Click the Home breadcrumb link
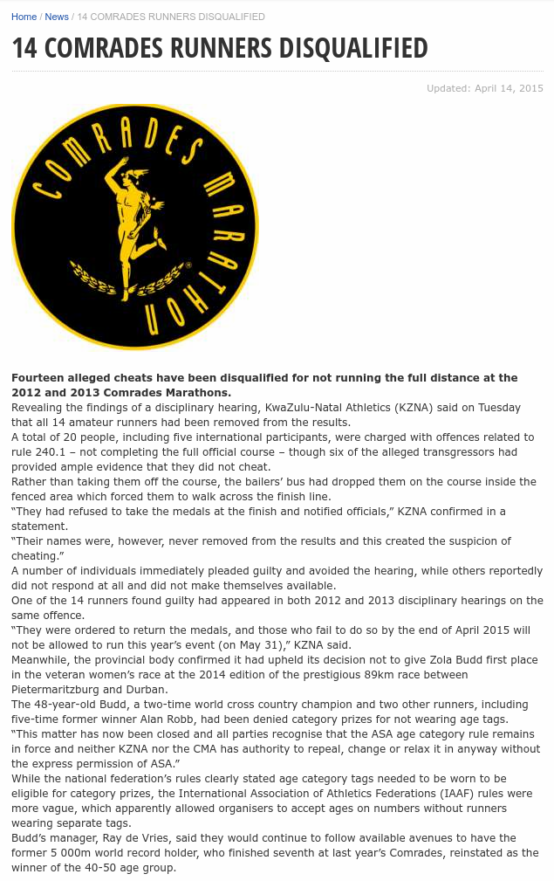24,17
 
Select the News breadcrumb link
57,17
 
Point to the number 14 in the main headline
24,48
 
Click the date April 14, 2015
509,88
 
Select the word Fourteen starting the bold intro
38,378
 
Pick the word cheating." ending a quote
39,556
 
